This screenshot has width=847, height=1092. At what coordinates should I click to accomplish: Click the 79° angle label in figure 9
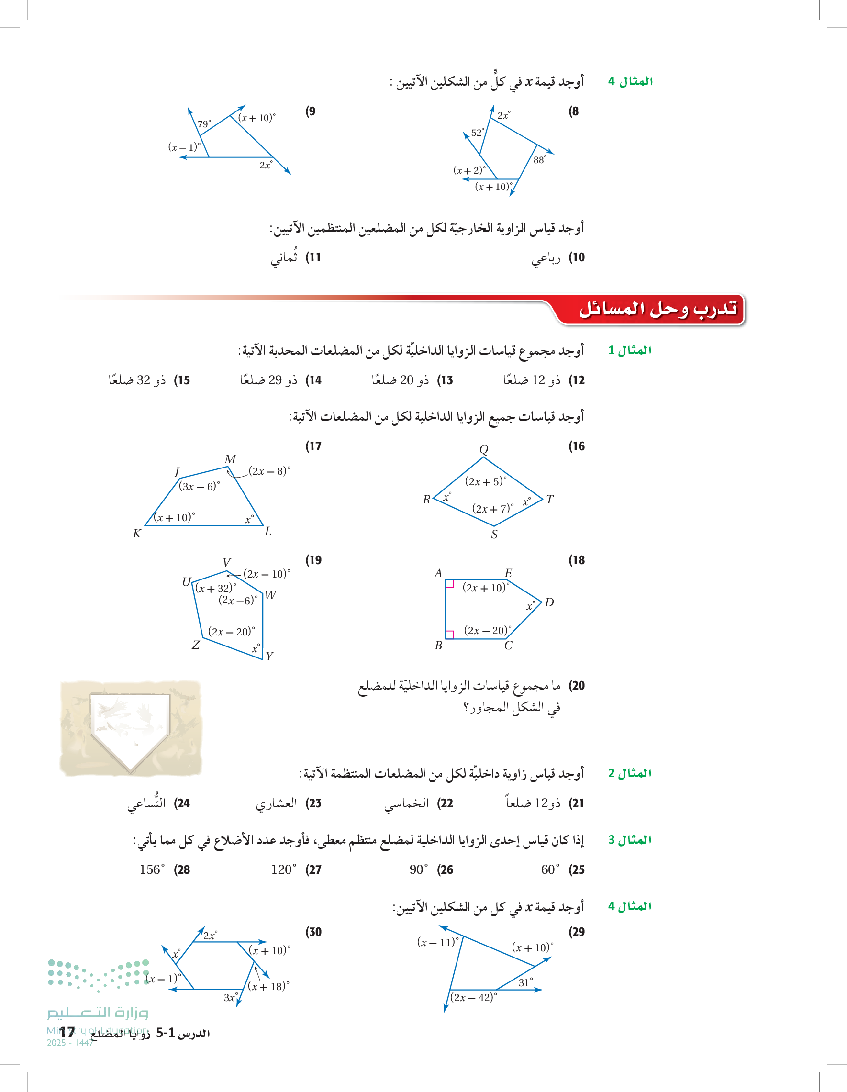tap(204, 123)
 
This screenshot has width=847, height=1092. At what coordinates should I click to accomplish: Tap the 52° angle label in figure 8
tap(478, 133)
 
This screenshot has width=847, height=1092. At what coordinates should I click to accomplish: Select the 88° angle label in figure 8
tap(539, 160)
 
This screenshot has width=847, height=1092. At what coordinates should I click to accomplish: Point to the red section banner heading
tap(657, 309)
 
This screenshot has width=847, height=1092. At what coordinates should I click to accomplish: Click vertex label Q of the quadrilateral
tap(483, 448)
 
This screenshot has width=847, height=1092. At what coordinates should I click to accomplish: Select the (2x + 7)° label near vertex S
tap(492, 509)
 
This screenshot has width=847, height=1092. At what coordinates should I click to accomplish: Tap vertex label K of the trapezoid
tap(136, 534)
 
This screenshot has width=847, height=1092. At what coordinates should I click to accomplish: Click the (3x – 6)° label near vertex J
tap(199, 486)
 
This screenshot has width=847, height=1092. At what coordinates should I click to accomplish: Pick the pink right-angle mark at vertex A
tap(449, 583)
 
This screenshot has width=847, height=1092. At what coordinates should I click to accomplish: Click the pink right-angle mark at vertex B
tap(449, 635)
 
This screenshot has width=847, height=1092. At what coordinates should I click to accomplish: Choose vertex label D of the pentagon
tap(549, 602)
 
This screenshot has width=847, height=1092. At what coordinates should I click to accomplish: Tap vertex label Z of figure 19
tap(196, 645)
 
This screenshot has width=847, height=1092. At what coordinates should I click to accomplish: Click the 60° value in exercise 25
tap(549, 869)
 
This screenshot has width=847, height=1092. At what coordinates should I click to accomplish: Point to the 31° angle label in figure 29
tap(525, 982)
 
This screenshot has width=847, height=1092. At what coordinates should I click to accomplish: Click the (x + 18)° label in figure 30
tap(268, 986)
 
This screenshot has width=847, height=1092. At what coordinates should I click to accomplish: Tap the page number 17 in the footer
tap(67, 1032)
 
